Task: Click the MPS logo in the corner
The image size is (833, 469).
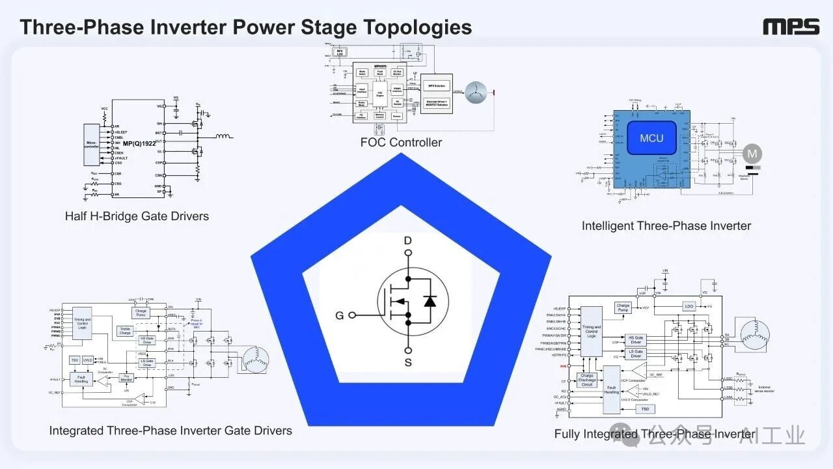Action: [791, 27]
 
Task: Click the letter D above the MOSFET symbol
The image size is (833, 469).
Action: [408, 241]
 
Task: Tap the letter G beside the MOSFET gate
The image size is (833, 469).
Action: [339, 316]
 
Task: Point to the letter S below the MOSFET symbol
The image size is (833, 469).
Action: [408, 362]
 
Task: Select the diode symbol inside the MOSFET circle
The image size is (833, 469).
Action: [429, 301]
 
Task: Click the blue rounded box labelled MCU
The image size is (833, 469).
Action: [651, 138]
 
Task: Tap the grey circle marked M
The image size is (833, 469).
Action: [752, 154]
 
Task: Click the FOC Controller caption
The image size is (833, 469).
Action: [401, 142]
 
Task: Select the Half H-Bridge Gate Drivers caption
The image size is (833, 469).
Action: [137, 216]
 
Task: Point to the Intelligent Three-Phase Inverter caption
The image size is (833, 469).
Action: [666, 226]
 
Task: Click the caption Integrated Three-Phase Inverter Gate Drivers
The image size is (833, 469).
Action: [171, 431]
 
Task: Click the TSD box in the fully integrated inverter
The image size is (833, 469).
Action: [644, 408]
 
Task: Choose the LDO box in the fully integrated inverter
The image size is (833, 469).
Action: [689, 306]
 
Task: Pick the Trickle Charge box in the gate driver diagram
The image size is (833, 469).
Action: [125, 330]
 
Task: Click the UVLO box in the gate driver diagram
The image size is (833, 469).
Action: [88, 360]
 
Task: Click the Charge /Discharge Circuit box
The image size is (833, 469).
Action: [587, 380]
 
